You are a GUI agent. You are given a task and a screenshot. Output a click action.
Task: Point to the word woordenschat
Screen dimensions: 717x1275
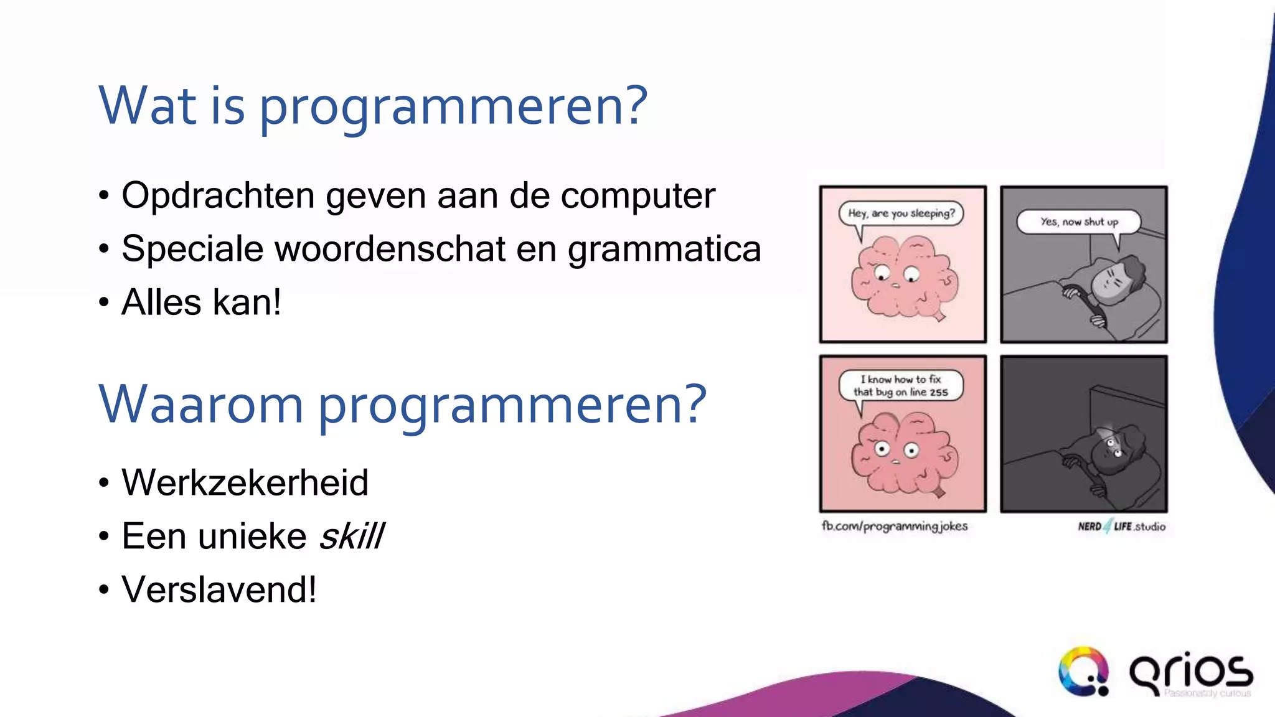coord(390,249)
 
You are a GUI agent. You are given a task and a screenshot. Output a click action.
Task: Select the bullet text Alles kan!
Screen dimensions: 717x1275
coord(200,302)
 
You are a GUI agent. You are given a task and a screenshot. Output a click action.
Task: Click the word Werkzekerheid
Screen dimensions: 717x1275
coord(245,482)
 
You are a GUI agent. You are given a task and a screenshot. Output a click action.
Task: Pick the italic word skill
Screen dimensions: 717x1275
coord(352,537)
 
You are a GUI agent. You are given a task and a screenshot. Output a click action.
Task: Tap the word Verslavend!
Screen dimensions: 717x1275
coord(219,589)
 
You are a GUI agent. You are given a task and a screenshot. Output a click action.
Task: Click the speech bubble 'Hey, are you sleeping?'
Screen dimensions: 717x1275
coord(901,213)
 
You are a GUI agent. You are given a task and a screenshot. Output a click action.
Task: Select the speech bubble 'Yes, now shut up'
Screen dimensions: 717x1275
coord(1079,222)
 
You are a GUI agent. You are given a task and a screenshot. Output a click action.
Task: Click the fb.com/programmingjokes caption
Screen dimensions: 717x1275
coord(895,527)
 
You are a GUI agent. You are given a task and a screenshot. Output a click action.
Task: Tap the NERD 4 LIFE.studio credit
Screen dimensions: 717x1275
coord(1121,527)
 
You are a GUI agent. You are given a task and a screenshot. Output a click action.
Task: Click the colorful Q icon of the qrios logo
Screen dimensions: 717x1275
coord(1084,672)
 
